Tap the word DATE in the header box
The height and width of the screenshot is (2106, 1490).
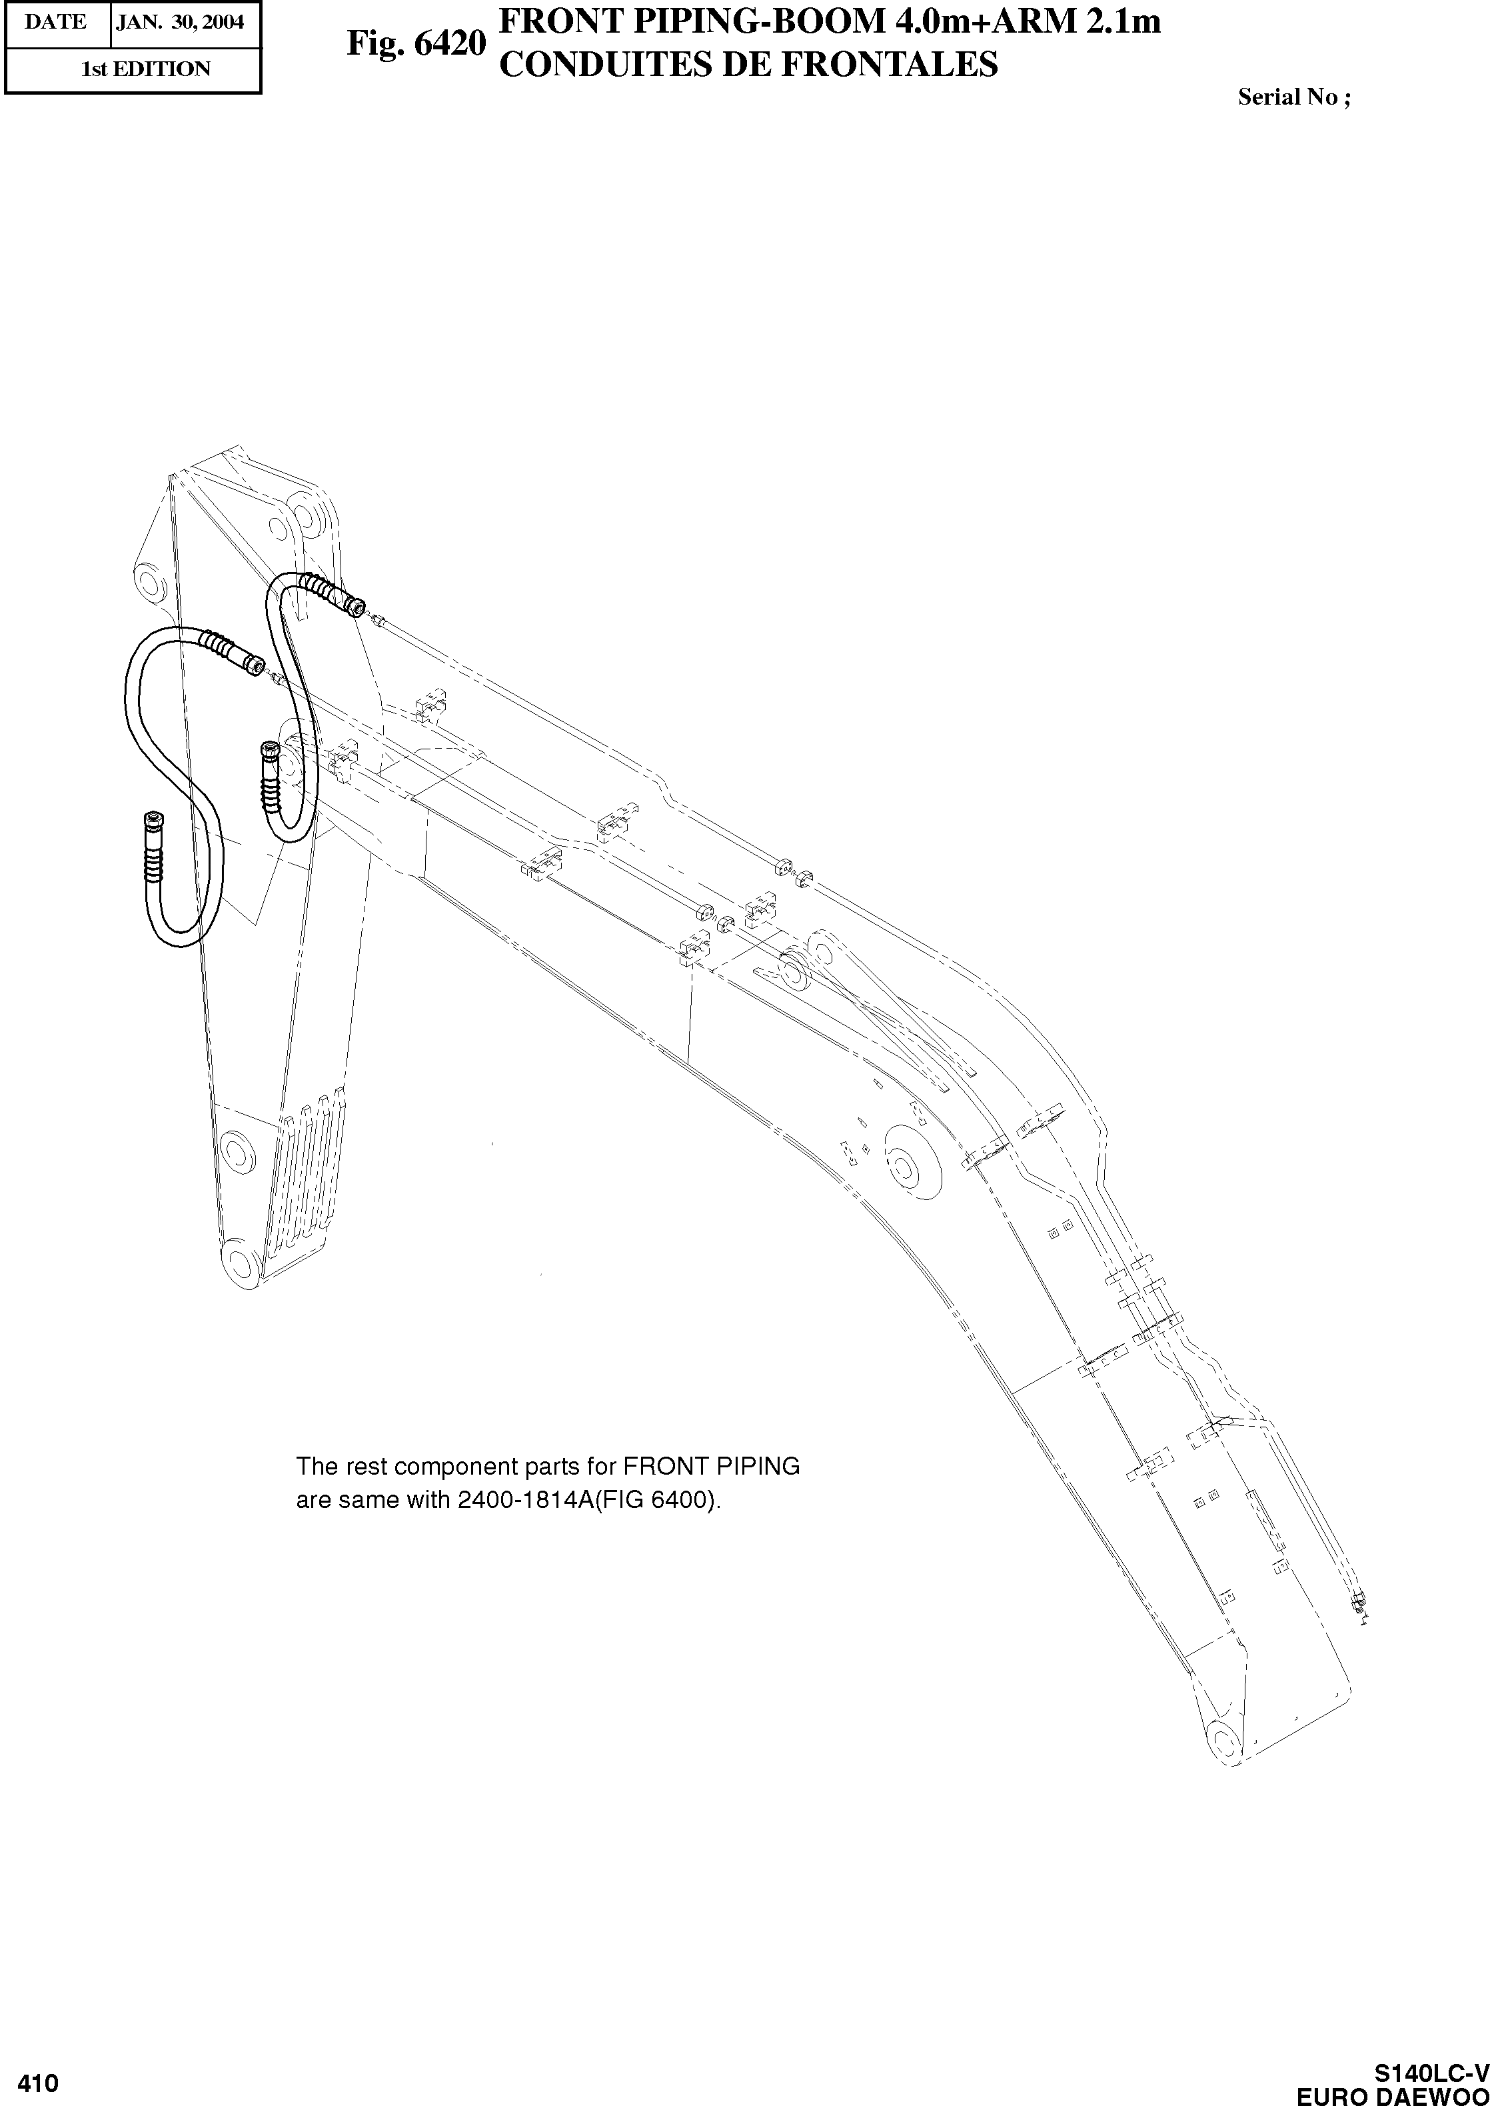pyautogui.click(x=56, y=23)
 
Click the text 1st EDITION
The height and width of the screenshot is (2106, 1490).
pyautogui.click(x=146, y=69)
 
